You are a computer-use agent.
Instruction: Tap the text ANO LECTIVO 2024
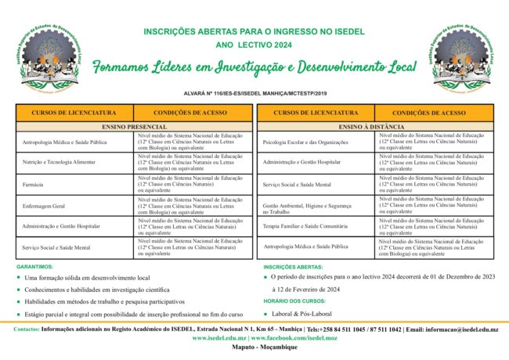pos(254,45)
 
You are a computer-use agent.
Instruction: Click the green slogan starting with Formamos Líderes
pos(254,68)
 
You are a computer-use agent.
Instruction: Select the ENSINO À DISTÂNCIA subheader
pos(375,126)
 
